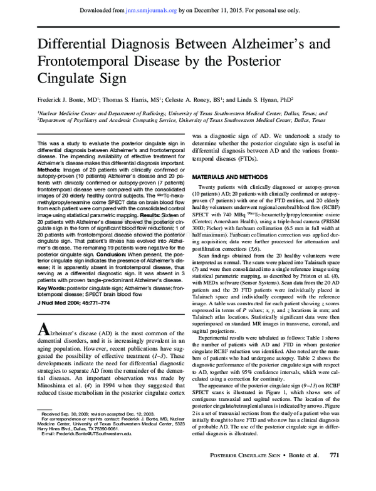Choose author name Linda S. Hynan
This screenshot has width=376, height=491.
[x=267, y=99]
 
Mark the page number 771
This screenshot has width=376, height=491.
[x=334, y=472]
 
